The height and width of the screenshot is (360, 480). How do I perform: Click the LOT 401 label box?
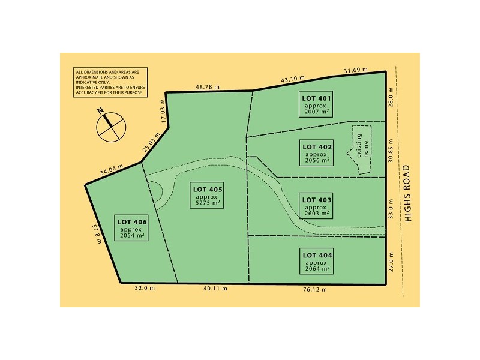click(x=317, y=104)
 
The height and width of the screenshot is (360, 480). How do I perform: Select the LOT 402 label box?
click(x=317, y=154)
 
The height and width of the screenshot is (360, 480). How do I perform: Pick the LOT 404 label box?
click(x=317, y=262)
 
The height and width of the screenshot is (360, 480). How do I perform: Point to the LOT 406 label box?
click(x=130, y=229)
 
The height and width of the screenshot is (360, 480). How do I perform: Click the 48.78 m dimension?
click(x=208, y=87)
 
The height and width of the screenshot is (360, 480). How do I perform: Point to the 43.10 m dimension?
click(x=293, y=79)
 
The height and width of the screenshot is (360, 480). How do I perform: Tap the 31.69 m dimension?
click(x=356, y=71)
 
